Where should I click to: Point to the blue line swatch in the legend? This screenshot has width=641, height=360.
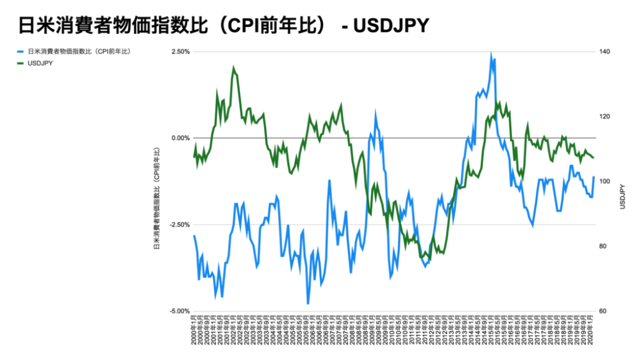click(x=21, y=51)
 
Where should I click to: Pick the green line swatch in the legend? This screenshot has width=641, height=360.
click(x=21, y=63)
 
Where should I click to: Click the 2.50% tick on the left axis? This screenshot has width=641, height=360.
click(x=179, y=52)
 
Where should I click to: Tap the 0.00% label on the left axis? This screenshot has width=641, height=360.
click(x=179, y=138)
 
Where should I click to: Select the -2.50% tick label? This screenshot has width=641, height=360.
click(x=179, y=225)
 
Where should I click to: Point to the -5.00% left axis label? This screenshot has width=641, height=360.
click(x=179, y=311)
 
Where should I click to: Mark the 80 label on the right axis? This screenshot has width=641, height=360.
click(x=604, y=247)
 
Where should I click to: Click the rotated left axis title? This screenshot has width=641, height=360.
click(x=156, y=199)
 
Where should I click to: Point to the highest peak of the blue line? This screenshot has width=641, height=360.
click(x=491, y=55)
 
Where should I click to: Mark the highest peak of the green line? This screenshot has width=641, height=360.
click(x=234, y=67)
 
